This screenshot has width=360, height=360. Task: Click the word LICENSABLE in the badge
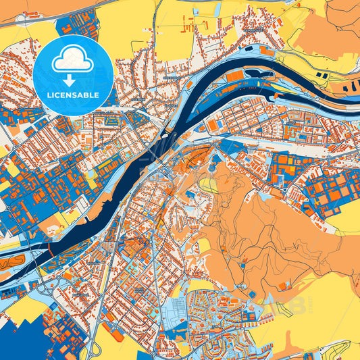[72, 94]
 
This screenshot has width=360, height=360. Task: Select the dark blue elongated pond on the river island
[260, 71]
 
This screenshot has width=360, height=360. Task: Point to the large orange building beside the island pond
[234, 76]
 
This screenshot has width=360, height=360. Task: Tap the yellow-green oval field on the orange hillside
[209, 184]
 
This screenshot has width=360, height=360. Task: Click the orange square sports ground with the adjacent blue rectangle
[213, 126]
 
